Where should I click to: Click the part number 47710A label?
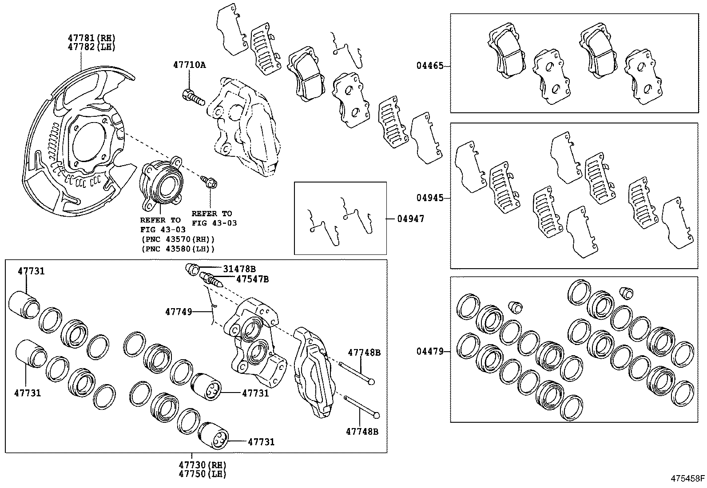pos(189,65)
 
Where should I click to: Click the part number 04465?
pos(429,66)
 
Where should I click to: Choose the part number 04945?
pos(429,198)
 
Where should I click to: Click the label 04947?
pos(410,218)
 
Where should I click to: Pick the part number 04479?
pos(429,352)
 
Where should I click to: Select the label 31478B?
pos(239,269)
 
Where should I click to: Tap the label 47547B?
pos(252,279)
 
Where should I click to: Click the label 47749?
pos(179,312)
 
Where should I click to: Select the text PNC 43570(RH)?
pos(178,239)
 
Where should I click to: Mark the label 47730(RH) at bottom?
pos(203,465)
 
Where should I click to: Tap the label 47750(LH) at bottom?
pos(203,474)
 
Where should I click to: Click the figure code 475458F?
pos(687,479)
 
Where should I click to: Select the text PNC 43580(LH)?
pos(178,249)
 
